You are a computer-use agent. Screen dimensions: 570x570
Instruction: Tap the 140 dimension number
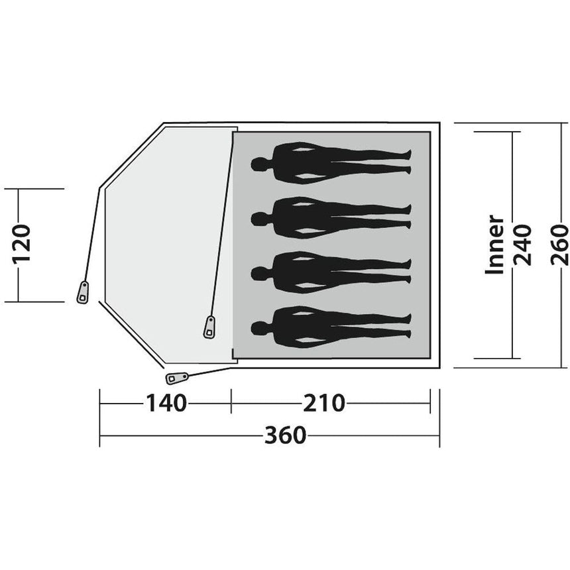pos(166,403)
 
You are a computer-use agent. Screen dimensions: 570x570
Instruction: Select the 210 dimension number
pos(324,403)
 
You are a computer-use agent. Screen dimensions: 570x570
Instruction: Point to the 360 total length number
pos(286,435)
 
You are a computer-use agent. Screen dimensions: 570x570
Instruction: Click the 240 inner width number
pos(522,245)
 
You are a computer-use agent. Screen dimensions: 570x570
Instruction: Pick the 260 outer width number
pos(559,245)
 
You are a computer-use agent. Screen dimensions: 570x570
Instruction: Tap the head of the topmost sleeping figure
pos(258,164)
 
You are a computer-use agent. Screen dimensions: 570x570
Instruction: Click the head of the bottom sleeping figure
pos(258,328)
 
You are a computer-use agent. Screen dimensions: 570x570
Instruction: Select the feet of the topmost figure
pos(408,162)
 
